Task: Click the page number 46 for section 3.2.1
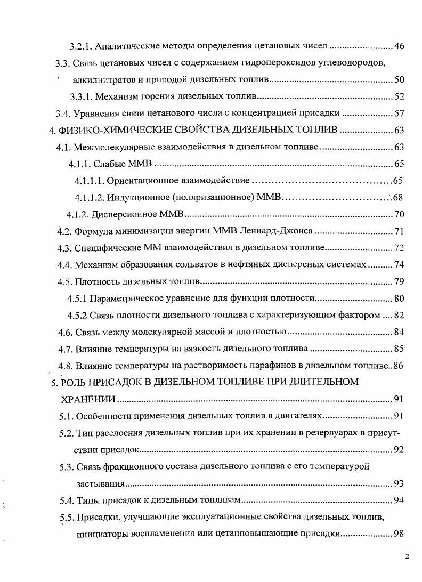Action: click(399, 46)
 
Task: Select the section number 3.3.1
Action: click(82, 96)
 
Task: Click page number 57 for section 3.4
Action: click(399, 114)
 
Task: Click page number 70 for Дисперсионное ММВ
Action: click(399, 215)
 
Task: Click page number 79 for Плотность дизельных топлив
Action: click(399, 282)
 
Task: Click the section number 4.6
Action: click(66, 333)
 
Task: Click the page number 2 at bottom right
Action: click(407, 557)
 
